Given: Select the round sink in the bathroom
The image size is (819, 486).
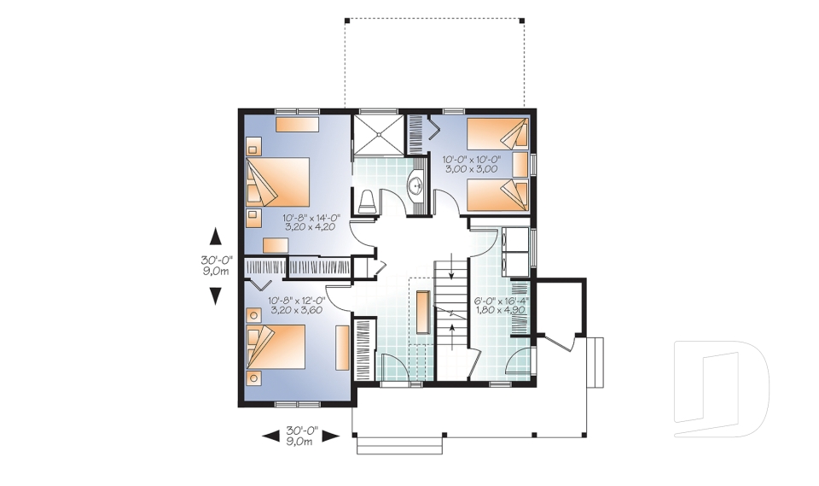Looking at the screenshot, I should point(416,184).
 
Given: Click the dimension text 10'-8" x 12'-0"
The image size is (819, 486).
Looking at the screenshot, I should point(297,306).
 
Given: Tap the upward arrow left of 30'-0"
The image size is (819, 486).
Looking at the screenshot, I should point(216,237).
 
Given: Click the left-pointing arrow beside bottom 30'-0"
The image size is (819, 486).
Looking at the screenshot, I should point(270,436).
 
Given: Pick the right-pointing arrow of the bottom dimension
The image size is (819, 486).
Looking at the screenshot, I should point(332,436).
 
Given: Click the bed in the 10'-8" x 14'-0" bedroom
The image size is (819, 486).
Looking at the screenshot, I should point(278,181).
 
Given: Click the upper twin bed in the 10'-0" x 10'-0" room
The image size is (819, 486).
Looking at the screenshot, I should point(497,135).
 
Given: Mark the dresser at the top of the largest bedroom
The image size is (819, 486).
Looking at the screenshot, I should point(297,125).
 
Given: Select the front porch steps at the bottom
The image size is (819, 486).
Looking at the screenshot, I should point(401,446).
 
